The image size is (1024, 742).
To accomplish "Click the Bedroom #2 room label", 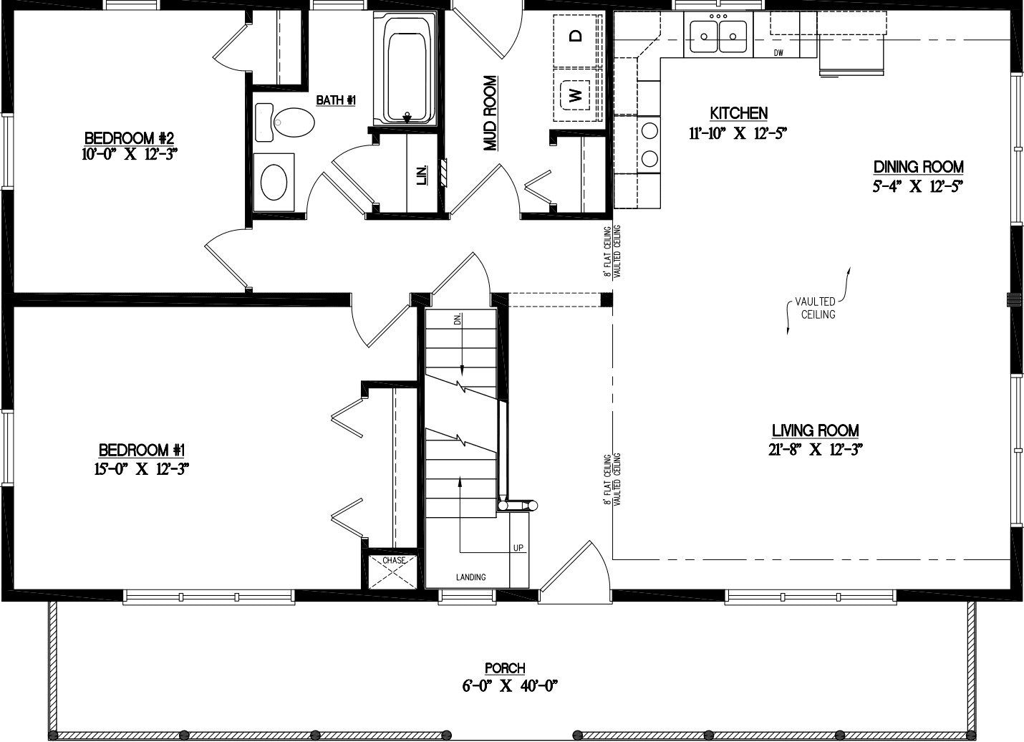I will [x=130, y=138].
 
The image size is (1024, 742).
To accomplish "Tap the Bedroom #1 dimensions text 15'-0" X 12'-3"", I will [x=143, y=469].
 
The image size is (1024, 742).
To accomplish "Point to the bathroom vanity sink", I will [x=274, y=182].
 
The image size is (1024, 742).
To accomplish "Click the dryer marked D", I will [x=575, y=37].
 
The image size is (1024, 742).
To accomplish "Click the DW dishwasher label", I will [x=778, y=53].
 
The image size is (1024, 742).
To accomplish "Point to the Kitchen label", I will [x=738, y=113].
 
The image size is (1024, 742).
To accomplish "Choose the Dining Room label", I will [x=918, y=167].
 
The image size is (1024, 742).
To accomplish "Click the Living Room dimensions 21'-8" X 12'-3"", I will [x=815, y=450].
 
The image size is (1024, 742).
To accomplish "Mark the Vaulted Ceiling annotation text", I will [x=818, y=308].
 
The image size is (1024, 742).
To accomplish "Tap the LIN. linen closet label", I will [x=422, y=174].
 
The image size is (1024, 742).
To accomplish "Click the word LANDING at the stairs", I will [x=470, y=577].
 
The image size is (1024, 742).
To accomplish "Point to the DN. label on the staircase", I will [x=458, y=319].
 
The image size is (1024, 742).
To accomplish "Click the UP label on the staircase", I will [x=518, y=548].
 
